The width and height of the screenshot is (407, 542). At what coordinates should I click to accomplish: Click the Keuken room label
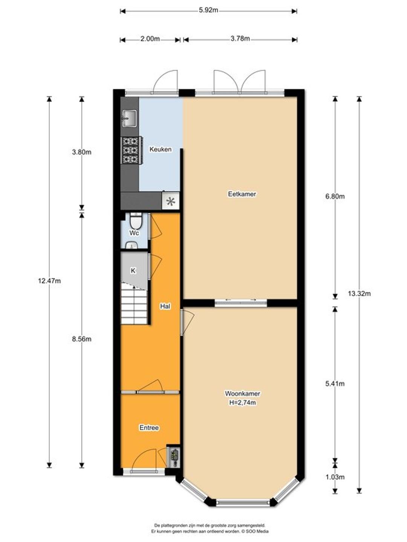[x=161, y=149]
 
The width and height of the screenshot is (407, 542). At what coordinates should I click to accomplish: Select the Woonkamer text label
[x=242, y=393]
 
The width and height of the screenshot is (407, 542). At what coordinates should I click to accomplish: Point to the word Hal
[x=165, y=306]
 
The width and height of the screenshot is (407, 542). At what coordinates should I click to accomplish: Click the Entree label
[x=149, y=428]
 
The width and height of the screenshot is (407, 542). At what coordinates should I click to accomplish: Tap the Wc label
[x=134, y=233]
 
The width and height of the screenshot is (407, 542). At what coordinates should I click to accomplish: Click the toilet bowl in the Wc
[x=136, y=221]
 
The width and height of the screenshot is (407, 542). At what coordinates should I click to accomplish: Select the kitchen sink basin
[x=130, y=119]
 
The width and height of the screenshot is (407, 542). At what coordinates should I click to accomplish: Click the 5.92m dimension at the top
[x=208, y=10]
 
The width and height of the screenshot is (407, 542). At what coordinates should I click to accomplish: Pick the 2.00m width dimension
[x=150, y=39]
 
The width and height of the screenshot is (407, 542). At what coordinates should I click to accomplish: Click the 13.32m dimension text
[x=359, y=294]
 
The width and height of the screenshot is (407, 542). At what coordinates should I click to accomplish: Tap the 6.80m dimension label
[x=335, y=196]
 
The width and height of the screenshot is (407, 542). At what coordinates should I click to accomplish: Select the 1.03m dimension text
[x=335, y=477]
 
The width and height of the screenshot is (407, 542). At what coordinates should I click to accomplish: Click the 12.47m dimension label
[x=49, y=281]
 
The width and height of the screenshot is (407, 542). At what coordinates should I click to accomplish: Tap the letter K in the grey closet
[x=133, y=271]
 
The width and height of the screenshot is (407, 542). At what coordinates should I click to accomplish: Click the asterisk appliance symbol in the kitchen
[x=170, y=201]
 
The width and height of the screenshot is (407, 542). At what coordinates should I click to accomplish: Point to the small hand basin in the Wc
[x=132, y=245]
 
